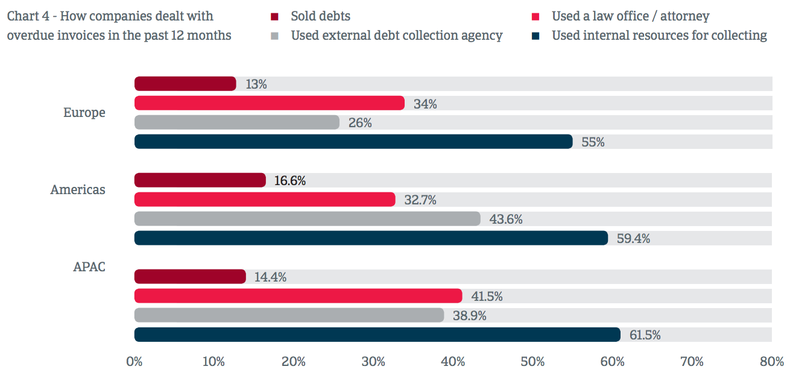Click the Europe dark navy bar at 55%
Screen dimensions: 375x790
[x=353, y=142]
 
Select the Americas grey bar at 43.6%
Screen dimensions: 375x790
[x=307, y=219]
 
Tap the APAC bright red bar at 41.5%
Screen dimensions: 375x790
[x=298, y=296]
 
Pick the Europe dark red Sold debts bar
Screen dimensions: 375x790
[x=185, y=84]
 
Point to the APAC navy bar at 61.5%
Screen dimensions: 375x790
[x=377, y=335]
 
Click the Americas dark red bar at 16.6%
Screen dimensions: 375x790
[x=200, y=180]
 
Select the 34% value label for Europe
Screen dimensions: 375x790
[x=425, y=104]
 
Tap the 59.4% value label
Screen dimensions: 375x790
[x=633, y=239]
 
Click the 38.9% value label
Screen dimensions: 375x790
[x=470, y=316]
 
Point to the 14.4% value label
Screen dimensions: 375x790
[x=270, y=277]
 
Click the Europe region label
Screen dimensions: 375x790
[x=84, y=113]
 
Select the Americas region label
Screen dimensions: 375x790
[x=78, y=190]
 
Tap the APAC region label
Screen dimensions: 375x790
[x=89, y=266]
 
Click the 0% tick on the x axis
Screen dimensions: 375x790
[x=134, y=362]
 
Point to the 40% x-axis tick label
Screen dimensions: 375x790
[x=453, y=362]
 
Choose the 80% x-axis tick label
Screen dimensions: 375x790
[x=771, y=362]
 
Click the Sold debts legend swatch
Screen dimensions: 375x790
[x=274, y=16]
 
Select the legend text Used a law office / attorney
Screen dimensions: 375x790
[x=630, y=16]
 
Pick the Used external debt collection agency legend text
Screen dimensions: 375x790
[x=396, y=36]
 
